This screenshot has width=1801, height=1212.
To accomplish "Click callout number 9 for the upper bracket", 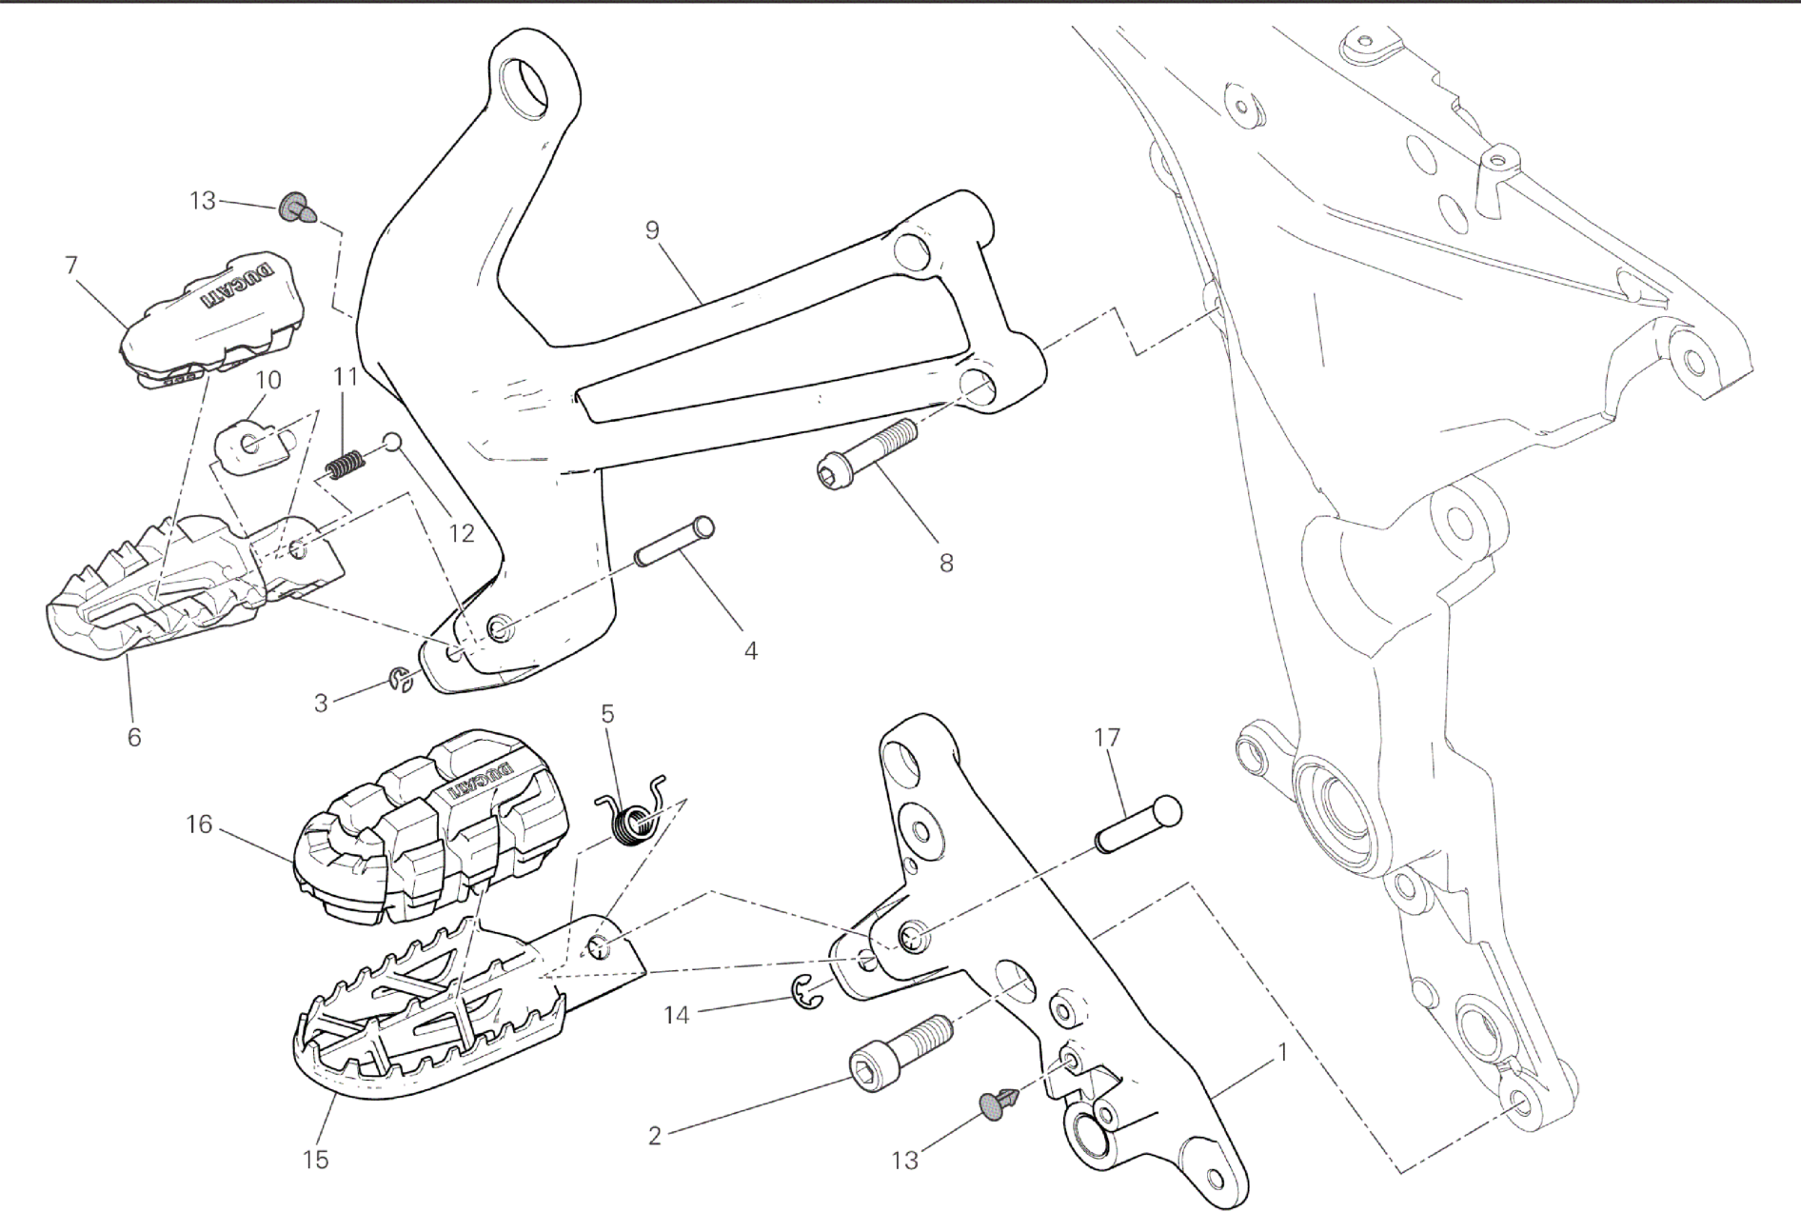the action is (652, 230).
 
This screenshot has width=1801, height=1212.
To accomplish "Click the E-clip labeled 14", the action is (807, 993).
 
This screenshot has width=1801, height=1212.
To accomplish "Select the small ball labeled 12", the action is (393, 441).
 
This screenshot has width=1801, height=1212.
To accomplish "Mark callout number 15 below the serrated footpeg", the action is (315, 1160).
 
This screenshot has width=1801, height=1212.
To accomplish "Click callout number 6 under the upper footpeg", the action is (133, 736).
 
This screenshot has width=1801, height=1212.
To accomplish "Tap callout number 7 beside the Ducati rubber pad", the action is (71, 265).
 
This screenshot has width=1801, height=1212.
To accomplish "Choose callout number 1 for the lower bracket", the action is (1282, 1053).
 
